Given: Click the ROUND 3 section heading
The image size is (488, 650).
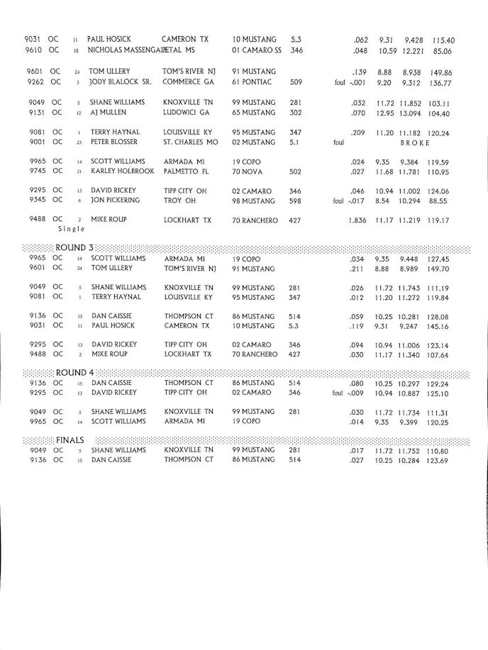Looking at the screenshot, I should pos(74,247).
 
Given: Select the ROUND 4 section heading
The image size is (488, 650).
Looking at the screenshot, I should pos(74,372).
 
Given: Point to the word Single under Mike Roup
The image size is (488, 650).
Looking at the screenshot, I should pos(71,229).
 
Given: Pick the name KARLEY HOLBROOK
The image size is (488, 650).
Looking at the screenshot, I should pos(122,172).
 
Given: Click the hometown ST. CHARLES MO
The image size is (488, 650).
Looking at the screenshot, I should pos(190,142).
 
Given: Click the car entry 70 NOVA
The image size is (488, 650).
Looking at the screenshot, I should pos(248,172).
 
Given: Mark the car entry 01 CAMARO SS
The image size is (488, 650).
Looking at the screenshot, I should pos(257,51).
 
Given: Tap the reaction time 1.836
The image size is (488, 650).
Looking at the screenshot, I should pos(357,220).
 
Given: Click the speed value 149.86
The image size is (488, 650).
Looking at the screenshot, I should pos(440,72).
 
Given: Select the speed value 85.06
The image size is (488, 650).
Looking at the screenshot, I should pos(443,51).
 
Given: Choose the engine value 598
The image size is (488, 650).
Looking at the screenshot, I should pos(296,201).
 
